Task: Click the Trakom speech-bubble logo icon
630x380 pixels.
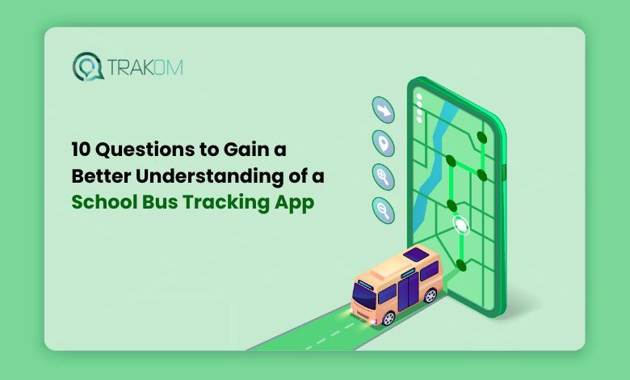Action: click(86, 66)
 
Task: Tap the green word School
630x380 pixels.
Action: click(101, 202)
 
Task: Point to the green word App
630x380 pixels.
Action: click(293, 203)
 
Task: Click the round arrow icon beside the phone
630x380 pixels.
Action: click(382, 109)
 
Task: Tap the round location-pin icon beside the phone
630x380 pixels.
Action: click(382, 141)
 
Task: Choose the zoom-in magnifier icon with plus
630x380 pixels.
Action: click(382, 175)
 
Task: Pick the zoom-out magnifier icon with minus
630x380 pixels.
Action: click(382, 209)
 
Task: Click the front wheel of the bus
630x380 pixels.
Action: click(388, 317)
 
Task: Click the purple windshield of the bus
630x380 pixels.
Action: click(364, 294)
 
